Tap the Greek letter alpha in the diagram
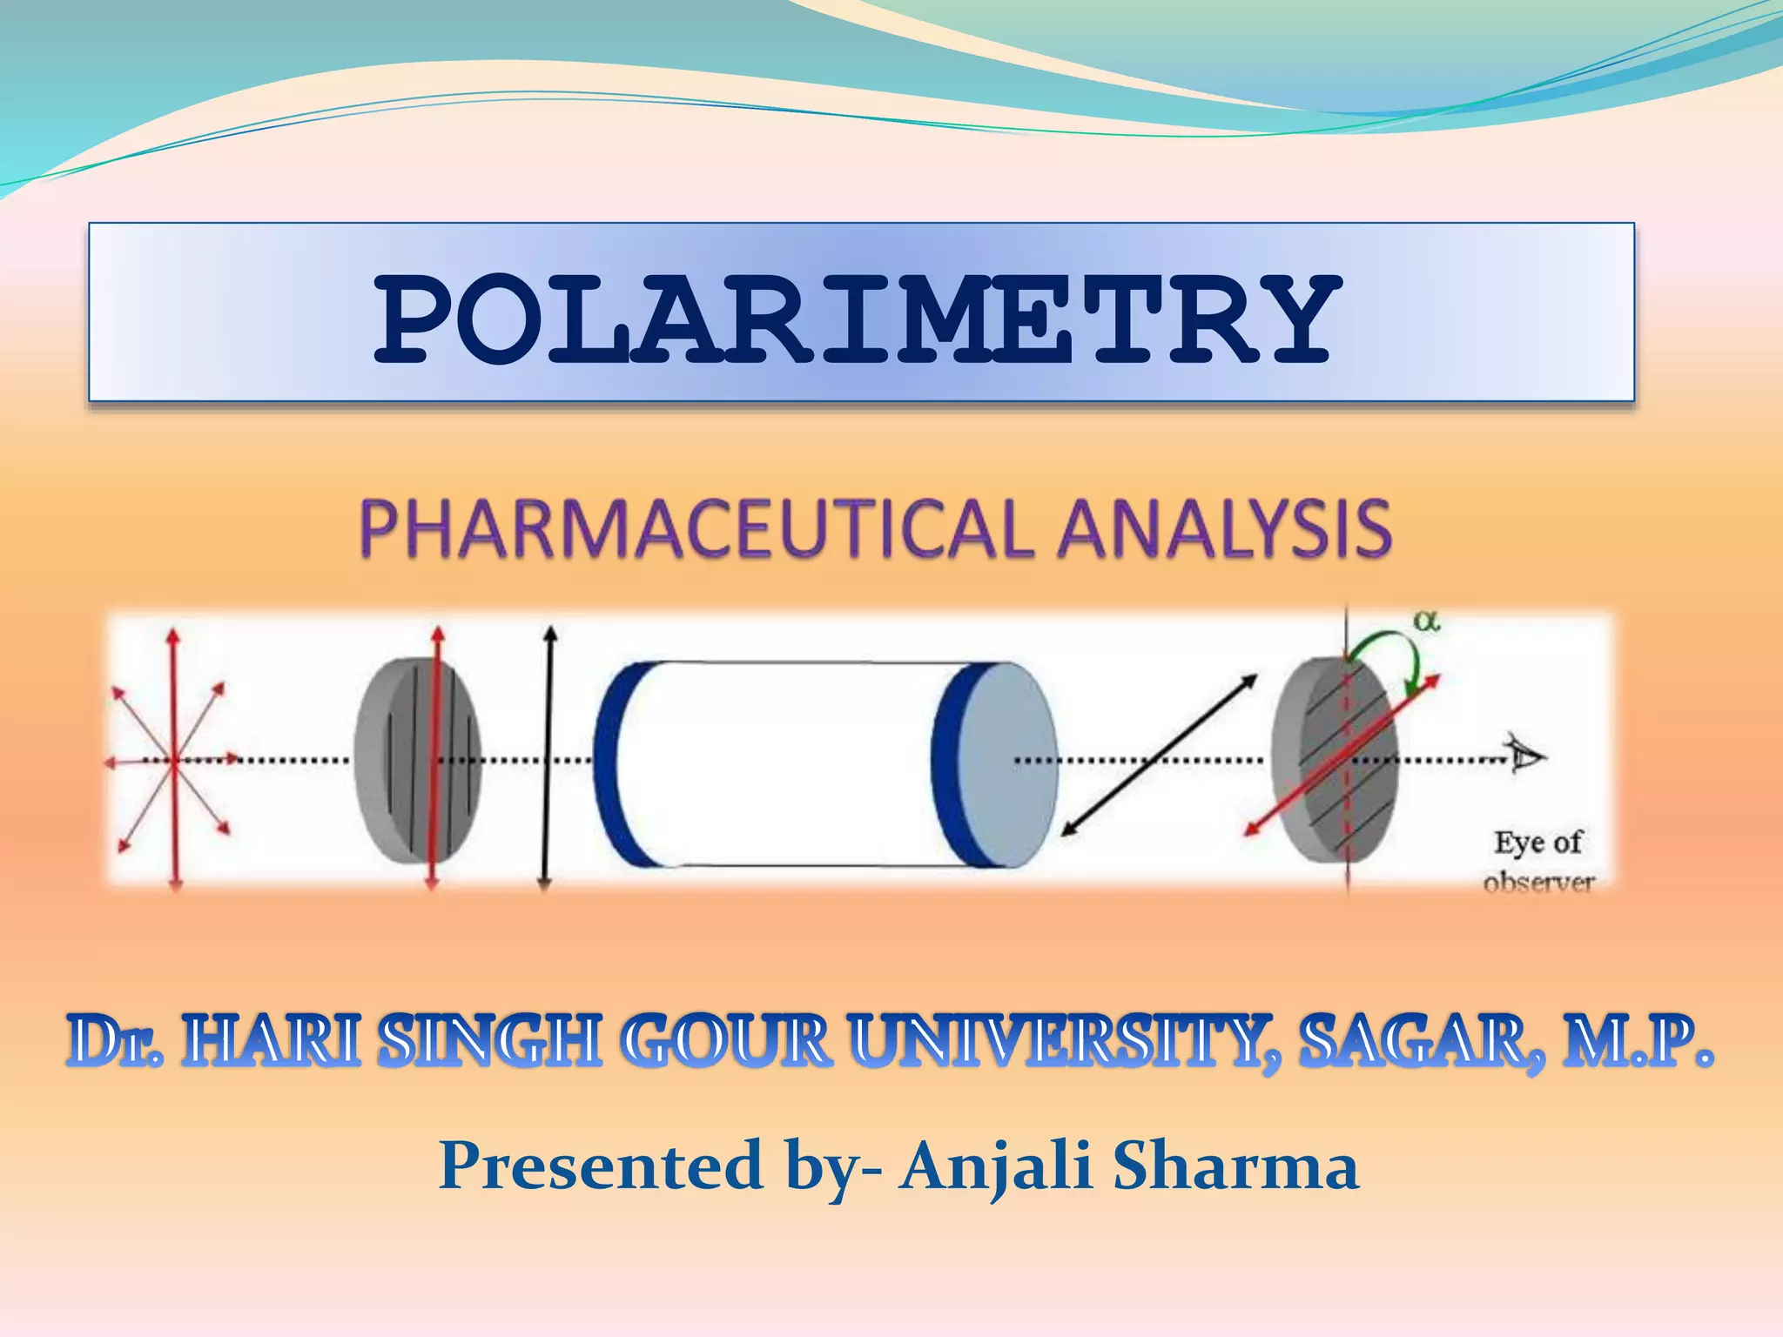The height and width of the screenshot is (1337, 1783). coord(1426,621)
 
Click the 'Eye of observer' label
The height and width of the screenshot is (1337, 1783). coord(1538,861)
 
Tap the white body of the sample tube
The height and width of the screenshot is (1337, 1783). coord(775,764)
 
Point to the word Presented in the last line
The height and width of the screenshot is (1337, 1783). coord(601,1166)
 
